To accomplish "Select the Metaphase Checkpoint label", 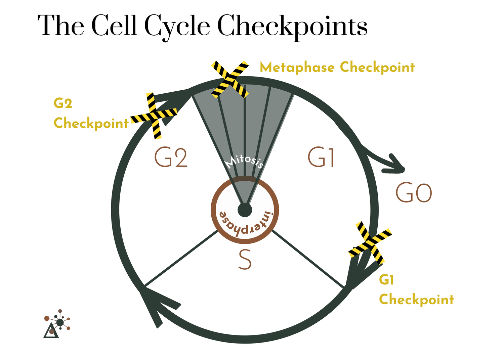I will pos(337,67).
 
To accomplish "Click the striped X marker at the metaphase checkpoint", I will pos(230,79).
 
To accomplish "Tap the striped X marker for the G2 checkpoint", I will pos(154,116).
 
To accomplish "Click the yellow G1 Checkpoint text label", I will pos(416,290).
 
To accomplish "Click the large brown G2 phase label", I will pos(171,158).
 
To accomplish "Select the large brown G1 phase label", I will pos(321,158).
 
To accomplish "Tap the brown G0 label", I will pos(414,193).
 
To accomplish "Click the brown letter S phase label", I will pos(245,260).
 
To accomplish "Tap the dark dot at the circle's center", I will pos(245,210).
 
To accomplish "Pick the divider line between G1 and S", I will pos(307,259).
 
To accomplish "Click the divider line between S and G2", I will pos(181,259).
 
